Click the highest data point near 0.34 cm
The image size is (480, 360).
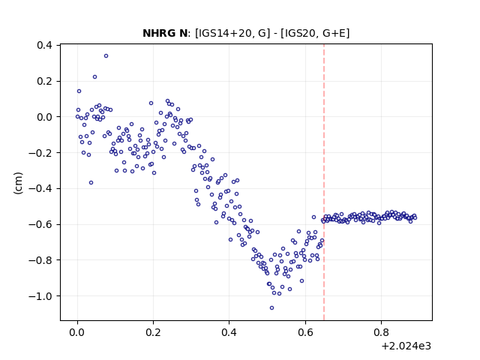106,55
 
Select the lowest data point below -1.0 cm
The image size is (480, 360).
271,307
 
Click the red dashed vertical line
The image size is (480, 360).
324,182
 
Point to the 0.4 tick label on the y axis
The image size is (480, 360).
44,45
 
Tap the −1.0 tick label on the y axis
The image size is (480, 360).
40,296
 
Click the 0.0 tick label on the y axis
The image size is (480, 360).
44,117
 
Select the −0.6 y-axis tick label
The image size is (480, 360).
40,224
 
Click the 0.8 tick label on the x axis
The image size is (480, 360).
381,332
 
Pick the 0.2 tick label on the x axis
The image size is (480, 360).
153,332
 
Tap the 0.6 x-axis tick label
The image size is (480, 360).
305,332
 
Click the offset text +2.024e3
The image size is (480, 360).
406,346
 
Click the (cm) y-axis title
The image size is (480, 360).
18,183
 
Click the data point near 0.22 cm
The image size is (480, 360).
95,76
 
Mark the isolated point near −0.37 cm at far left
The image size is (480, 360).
91,182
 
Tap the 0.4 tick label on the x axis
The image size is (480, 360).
229,332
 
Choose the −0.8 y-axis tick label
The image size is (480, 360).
40,260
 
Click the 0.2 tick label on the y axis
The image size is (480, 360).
44,81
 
